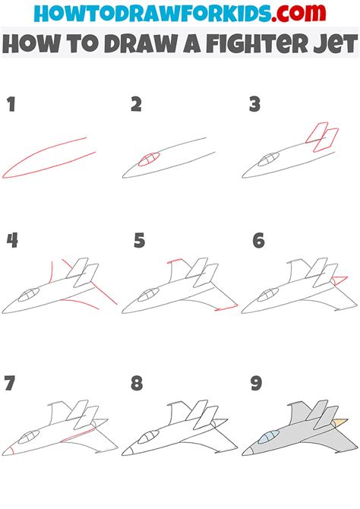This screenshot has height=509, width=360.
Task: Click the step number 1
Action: (11, 105)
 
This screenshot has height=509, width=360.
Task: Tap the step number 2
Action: (136, 105)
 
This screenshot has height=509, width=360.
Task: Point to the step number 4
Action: (12, 242)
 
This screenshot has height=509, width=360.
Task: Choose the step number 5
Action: (139, 242)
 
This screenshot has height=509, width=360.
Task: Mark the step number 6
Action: (258, 242)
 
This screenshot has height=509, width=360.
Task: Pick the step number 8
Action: (137, 383)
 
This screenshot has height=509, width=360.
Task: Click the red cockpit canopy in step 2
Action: (150, 160)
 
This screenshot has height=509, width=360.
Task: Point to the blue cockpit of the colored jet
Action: (267, 437)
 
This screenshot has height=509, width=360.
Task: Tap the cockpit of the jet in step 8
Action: (147, 437)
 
